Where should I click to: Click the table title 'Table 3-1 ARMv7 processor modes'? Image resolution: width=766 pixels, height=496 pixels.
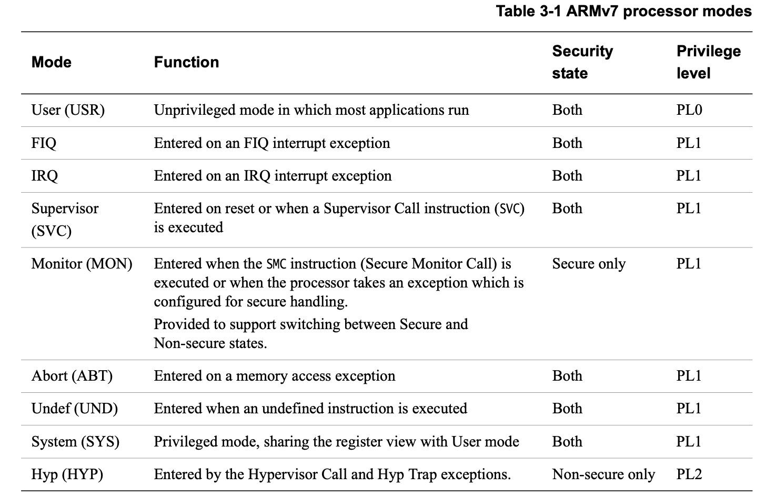tap(623, 11)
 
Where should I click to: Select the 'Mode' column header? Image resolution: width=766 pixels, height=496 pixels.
tap(51, 62)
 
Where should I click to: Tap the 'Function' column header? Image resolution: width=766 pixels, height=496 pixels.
tap(186, 62)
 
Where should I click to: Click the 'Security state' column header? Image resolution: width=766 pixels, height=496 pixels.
tap(582, 62)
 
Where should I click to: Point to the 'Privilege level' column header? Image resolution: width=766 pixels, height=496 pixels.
tap(708, 62)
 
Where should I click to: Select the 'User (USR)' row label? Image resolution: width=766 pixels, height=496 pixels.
tap(68, 110)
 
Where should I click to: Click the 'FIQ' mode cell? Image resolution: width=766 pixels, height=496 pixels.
tap(44, 143)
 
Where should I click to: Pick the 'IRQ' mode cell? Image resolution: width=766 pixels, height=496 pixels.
tap(45, 176)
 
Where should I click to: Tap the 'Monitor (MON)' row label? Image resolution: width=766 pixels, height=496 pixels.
tap(82, 264)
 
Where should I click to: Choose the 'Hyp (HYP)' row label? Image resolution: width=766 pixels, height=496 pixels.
tap(67, 474)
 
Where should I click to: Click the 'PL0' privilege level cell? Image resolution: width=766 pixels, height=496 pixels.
tap(689, 110)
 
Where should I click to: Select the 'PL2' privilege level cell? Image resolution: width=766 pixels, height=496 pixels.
tap(689, 474)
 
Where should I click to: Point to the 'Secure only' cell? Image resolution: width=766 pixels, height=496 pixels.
tap(589, 264)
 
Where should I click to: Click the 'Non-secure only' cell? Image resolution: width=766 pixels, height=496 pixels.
tap(603, 474)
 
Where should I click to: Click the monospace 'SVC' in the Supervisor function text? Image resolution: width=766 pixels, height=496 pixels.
tap(509, 209)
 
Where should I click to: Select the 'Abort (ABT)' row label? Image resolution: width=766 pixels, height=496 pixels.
tap(72, 376)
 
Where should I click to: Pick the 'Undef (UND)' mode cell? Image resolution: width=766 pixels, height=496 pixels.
tap(74, 409)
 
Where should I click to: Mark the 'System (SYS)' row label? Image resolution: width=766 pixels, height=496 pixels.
tap(75, 442)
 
